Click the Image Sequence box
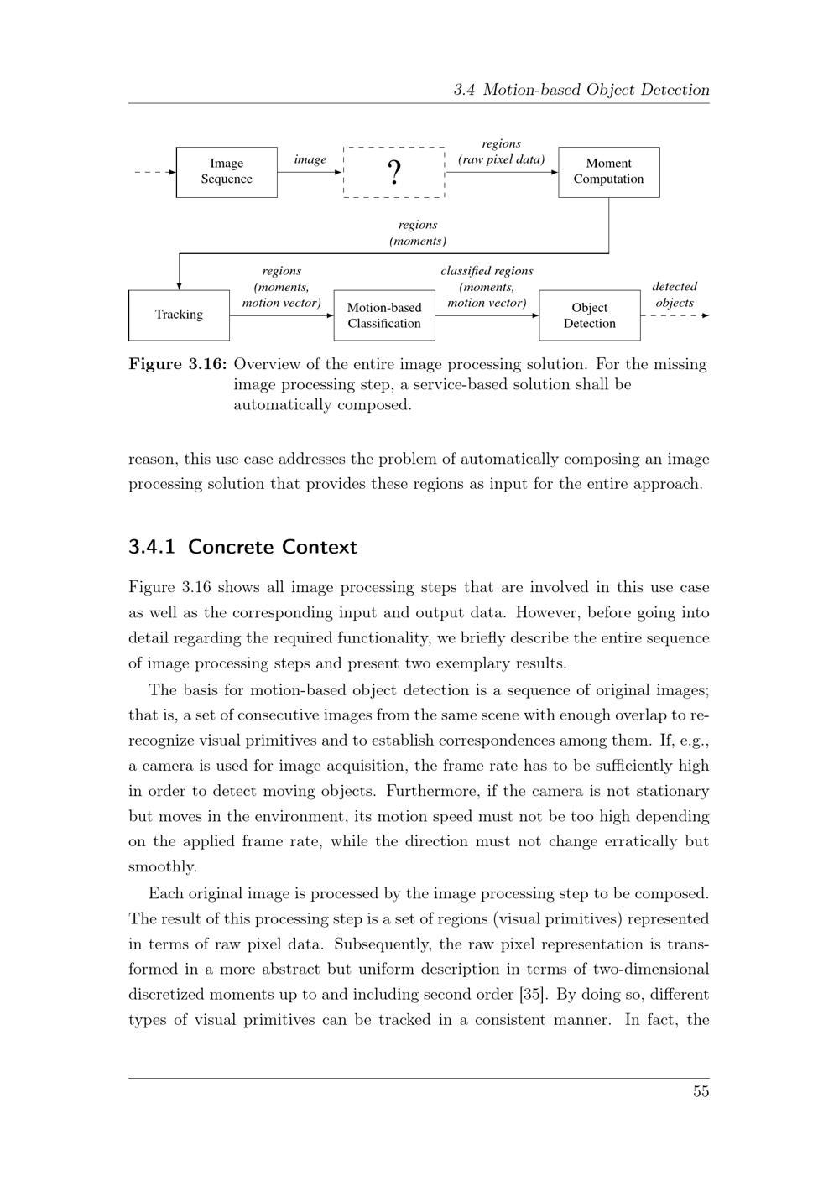tap(227, 172)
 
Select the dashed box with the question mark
tap(393, 172)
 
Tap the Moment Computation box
tap(608, 172)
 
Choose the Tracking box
tap(179, 315)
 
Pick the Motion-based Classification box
tap(384, 315)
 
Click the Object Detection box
tap(589, 315)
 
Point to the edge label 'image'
tap(310, 159)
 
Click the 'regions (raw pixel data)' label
tap(501, 152)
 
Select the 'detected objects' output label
tap(675, 294)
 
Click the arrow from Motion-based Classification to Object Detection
tap(487, 315)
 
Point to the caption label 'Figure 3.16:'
tap(178, 364)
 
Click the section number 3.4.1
tap(152, 547)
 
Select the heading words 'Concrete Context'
tap(273, 547)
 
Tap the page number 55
tap(701, 1091)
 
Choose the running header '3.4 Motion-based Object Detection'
tap(581, 90)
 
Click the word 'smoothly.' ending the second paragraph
tap(163, 867)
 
